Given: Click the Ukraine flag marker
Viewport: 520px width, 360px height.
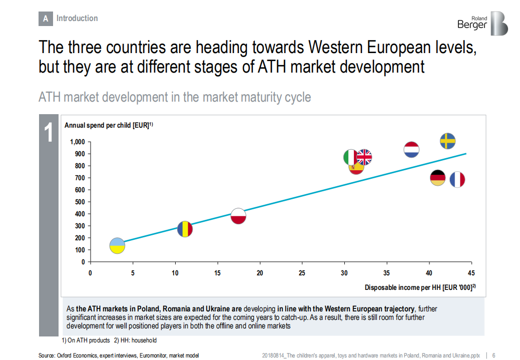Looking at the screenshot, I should pyautogui.click(x=117, y=246).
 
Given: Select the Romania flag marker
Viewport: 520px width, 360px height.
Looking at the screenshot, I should pyautogui.click(x=185, y=229).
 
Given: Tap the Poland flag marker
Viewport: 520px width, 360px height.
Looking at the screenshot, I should pyautogui.click(x=239, y=216).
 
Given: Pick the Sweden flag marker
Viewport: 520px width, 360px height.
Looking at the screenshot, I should pyautogui.click(x=447, y=141).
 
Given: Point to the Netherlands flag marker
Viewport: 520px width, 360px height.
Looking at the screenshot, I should pyautogui.click(x=411, y=149).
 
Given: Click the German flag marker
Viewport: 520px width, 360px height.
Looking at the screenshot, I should pyautogui.click(x=438, y=178).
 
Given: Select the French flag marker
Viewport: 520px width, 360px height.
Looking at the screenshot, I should pyautogui.click(x=457, y=179).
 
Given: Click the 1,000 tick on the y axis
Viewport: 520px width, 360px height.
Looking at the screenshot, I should pyautogui.click(x=78, y=142).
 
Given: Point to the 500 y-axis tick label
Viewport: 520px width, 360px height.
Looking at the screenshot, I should pyautogui.click(x=80, y=202).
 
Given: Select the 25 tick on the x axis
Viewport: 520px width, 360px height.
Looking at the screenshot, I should pyautogui.click(x=302, y=273).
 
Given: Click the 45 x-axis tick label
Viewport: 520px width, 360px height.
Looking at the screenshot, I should pyautogui.click(x=471, y=273).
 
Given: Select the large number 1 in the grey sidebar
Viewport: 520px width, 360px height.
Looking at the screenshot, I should pyautogui.click(x=49, y=133).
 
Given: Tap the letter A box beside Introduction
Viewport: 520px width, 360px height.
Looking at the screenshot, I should pyautogui.click(x=46, y=19).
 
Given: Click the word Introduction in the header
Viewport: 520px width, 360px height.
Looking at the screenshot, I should pyautogui.click(x=77, y=19).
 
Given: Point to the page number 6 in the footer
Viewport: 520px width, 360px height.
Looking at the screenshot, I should pyautogui.click(x=494, y=355).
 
